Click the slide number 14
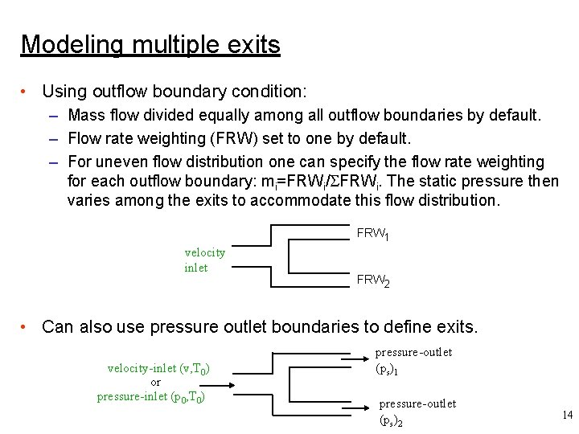(567, 416)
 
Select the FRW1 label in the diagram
(373, 235)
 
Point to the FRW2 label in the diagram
(373, 281)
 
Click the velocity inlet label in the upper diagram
(204, 260)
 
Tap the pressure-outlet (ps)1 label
(413, 361)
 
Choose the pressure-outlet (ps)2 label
(417, 411)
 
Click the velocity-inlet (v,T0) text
(158, 368)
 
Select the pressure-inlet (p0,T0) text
(154, 395)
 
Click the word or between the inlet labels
(156, 382)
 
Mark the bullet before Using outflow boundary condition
(27, 92)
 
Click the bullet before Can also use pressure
(27, 327)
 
